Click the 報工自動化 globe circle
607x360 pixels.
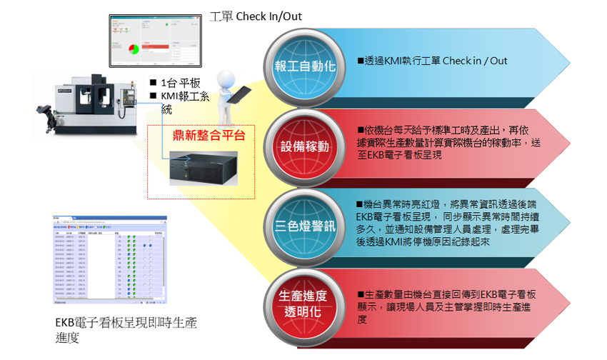[x=305, y=67]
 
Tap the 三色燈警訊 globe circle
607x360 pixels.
[x=305, y=226]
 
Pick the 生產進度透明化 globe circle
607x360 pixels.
[x=305, y=304]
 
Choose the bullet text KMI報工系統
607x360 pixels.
[x=180, y=103]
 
